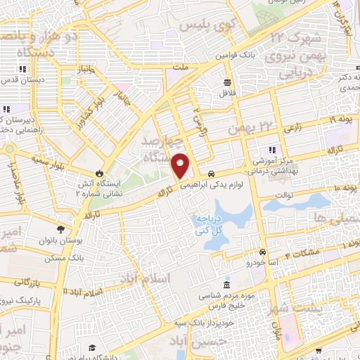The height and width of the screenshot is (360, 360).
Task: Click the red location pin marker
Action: [x=180, y=166]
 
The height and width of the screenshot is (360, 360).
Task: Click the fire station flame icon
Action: [x=99, y=174]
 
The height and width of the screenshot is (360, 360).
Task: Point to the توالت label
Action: [x=283, y=195]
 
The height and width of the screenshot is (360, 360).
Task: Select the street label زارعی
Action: [x=292, y=129]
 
